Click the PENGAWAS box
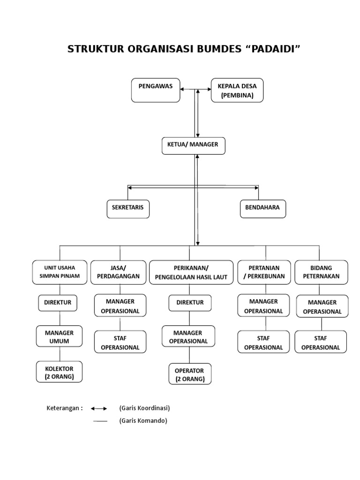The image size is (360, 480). [155, 90]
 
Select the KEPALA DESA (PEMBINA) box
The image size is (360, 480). [237, 90]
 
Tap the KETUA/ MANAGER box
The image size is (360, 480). [193, 145]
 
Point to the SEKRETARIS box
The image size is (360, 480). [128, 208]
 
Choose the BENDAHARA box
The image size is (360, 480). [262, 208]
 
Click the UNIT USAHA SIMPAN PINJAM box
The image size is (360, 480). [59, 272]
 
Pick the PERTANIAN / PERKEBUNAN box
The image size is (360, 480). [264, 272]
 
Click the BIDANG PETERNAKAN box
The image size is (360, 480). [321, 272]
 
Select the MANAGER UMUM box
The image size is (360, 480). [59, 337]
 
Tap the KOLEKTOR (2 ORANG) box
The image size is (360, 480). [59, 372]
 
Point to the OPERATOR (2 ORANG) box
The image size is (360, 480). [190, 375]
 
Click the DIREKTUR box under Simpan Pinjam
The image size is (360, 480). [58, 303]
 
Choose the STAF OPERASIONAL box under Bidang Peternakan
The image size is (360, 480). [321, 342]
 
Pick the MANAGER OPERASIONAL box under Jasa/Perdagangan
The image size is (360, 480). [120, 306]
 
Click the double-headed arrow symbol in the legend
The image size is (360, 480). [99, 408]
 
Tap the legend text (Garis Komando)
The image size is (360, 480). [143, 420]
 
